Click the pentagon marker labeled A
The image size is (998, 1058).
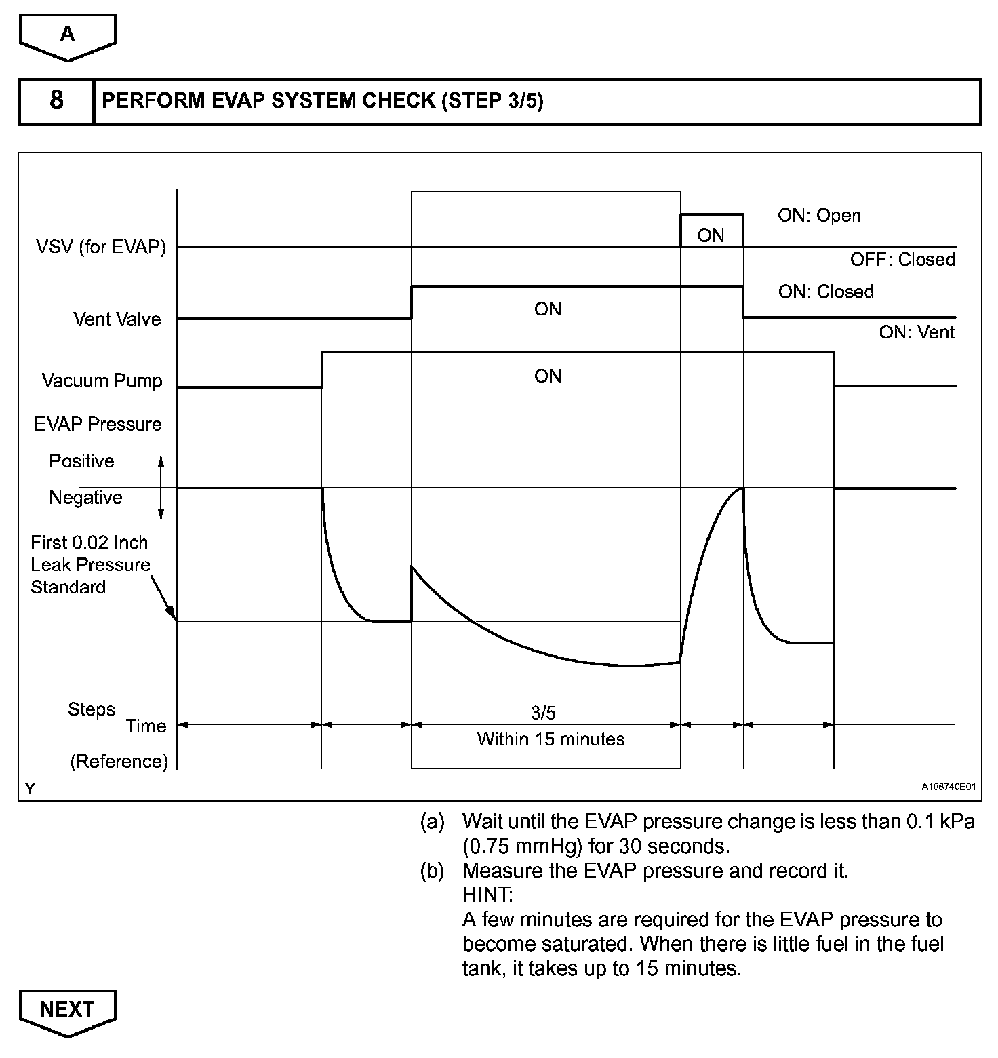point(68,35)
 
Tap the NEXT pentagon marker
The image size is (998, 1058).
point(68,1010)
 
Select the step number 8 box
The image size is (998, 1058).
point(56,101)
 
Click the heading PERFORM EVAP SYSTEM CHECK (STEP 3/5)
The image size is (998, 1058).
point(322,101)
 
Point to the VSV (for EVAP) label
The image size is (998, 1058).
point(101,247)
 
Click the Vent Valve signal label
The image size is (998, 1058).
point(117,319)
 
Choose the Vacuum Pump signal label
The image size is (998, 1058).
point(102,380)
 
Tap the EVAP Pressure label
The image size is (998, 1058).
point(98,425)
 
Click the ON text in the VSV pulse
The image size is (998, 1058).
point(711,235)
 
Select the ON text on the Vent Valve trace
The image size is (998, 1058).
point(548,309)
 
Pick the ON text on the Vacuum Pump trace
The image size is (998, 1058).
point(548,376)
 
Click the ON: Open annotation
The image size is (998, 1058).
point(819,216)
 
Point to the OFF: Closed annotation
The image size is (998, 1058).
point(902,260)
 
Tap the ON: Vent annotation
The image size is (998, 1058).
point(917,332)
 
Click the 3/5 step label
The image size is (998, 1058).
point(543,713)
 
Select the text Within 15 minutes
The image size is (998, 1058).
point(551,739)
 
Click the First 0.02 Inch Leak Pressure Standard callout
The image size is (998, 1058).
point(90,565)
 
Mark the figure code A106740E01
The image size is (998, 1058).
point(948,787)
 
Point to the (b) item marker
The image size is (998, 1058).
point(432,871)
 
